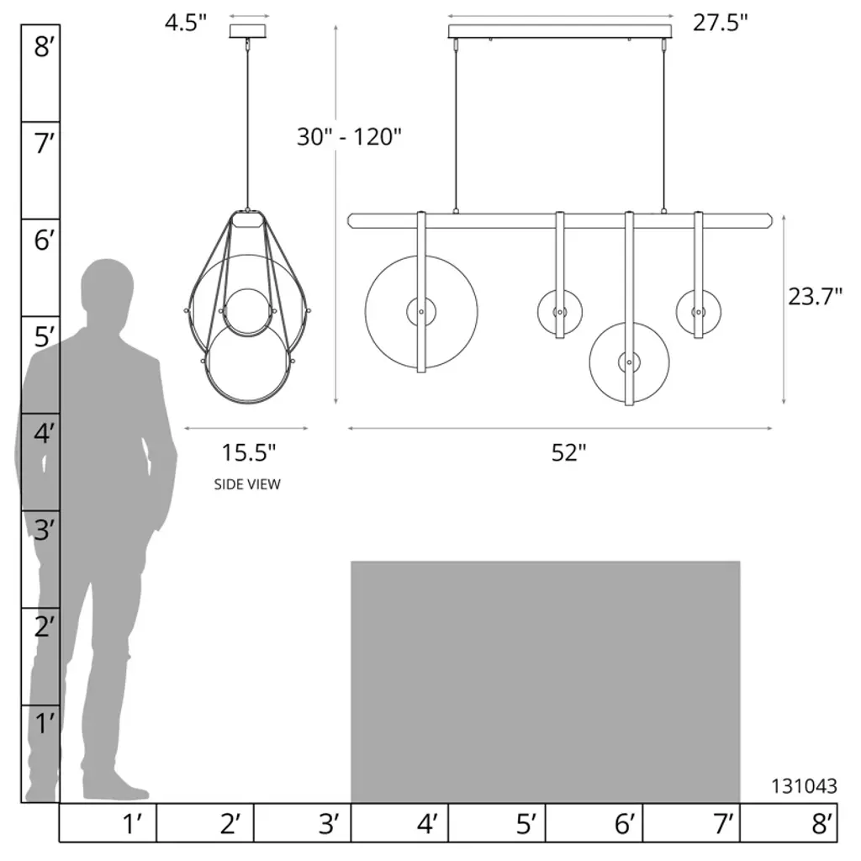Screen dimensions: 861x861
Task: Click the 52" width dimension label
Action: click(x=569, y=452)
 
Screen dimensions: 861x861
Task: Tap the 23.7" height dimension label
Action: click(x=815, y=297)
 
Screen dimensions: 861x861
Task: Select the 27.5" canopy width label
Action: click(x=720, y=23)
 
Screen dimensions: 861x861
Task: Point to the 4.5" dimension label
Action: click(x=186, y=23)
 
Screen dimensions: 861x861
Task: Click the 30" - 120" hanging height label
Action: click(x=349, y=137)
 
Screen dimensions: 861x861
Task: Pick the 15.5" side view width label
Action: click(x=248, y=452)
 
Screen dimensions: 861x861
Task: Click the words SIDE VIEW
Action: click(x=247, y=484)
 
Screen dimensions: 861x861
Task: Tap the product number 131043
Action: click(x=804, y=786)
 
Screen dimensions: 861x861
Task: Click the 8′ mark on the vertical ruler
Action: click(x=44, y=47)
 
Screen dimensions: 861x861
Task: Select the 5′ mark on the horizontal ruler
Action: click(x=526, y=824)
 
